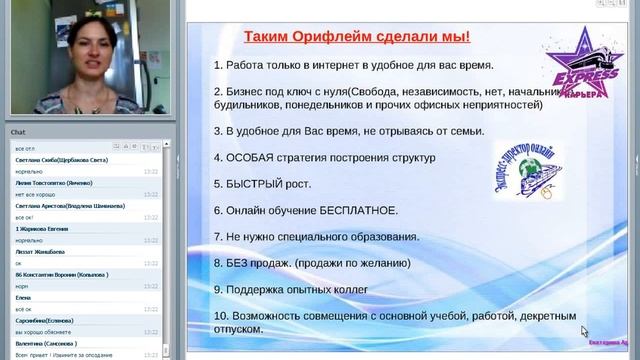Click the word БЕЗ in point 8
coord(241,263)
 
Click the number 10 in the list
coord(220,316)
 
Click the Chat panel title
coord(18,132)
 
